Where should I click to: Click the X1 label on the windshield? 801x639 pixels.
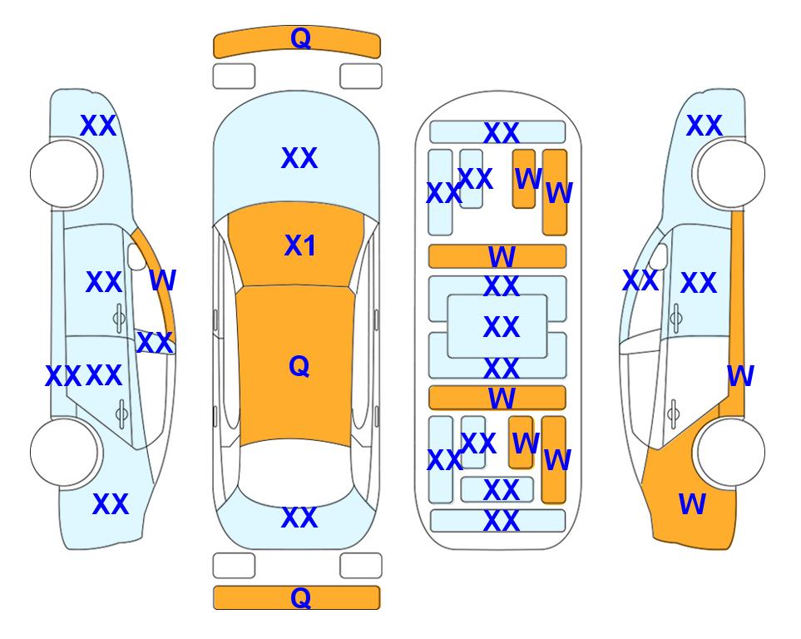(x=300, y=245)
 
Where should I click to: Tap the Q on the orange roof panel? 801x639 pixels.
(x=299, y=366)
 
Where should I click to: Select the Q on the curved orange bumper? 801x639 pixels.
(x=300, y=37)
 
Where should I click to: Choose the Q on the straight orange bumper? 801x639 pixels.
(x=300, y=597)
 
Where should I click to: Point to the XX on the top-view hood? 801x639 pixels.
(x=299, y=158)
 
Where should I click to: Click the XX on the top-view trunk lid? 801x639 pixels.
(x=299, y=518)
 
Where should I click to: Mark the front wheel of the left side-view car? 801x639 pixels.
(x=64, y=174)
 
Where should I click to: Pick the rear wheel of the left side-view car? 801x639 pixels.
(x=64, y=452)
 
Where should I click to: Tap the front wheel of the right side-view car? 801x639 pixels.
(x=731, y=174)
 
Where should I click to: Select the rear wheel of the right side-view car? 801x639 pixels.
(x=731, y=452)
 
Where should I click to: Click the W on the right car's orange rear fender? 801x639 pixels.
(x=692, y=504)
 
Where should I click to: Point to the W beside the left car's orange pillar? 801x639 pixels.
(x=162, y=280)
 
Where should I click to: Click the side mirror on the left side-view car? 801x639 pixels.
(x=136, y=256)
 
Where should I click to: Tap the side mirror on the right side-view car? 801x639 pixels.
(x=659, y=256)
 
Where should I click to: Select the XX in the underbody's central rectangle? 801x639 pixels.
(x=502, y=327)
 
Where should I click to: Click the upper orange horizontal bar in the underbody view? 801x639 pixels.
(x=497, y=256)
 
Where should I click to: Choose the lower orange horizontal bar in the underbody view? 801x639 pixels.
(x=497, y=398)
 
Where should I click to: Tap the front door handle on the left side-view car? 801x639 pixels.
(x=119, y=318)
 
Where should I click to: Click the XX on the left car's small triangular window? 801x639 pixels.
(x=155, y=343)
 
